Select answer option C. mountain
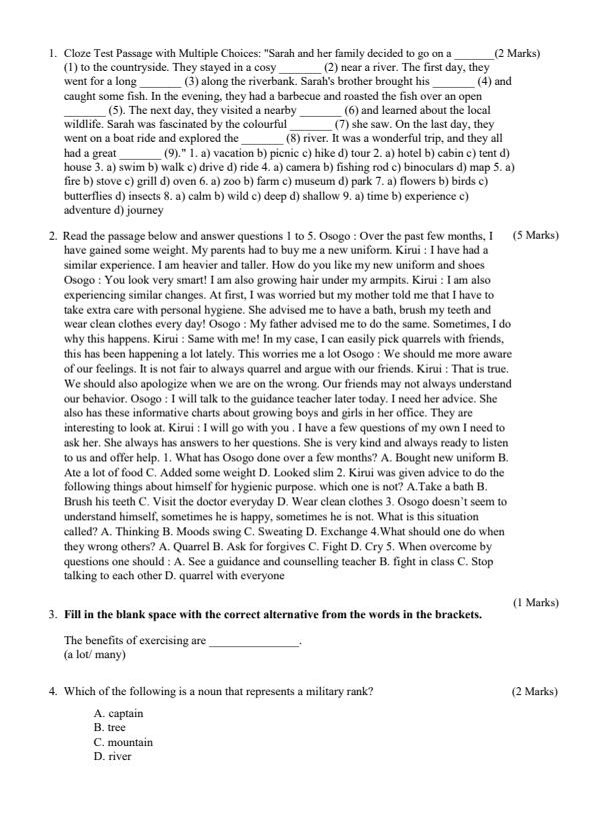click(x=124, y=742)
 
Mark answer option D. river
click(x=113, y=756)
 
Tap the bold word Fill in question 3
click(x=73, y=614)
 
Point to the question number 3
click(x=52, y=614)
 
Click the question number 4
click(x=52, y=691)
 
